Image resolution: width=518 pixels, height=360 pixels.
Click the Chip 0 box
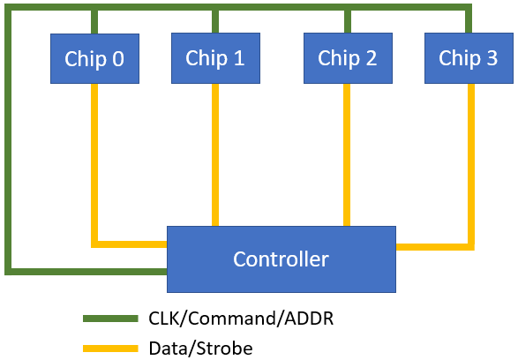coord(94,59)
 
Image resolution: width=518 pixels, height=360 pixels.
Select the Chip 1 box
coord(215,58)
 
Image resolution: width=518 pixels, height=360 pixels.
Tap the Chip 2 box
coord(347,58)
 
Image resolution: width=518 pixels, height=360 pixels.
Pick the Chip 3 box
coord(468,58)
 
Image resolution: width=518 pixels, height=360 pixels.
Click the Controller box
coord(281,259)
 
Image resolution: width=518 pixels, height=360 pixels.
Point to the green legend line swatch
coord(110,318)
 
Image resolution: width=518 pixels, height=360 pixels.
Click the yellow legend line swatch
coord(110,349)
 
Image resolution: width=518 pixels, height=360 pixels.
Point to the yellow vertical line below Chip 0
coord(94,159)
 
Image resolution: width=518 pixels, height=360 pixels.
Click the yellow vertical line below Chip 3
coord(470,159)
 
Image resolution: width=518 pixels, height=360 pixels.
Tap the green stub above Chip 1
coord(215,21)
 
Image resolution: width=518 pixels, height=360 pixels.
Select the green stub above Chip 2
coord(347,21)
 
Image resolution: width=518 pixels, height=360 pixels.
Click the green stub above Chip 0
coord(94,21)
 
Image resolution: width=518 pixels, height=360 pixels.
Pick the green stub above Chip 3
coord(468,21)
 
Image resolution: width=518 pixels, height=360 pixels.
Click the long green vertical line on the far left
coord(9,141)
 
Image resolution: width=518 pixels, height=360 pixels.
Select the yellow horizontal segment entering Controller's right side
coord(432,246)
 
